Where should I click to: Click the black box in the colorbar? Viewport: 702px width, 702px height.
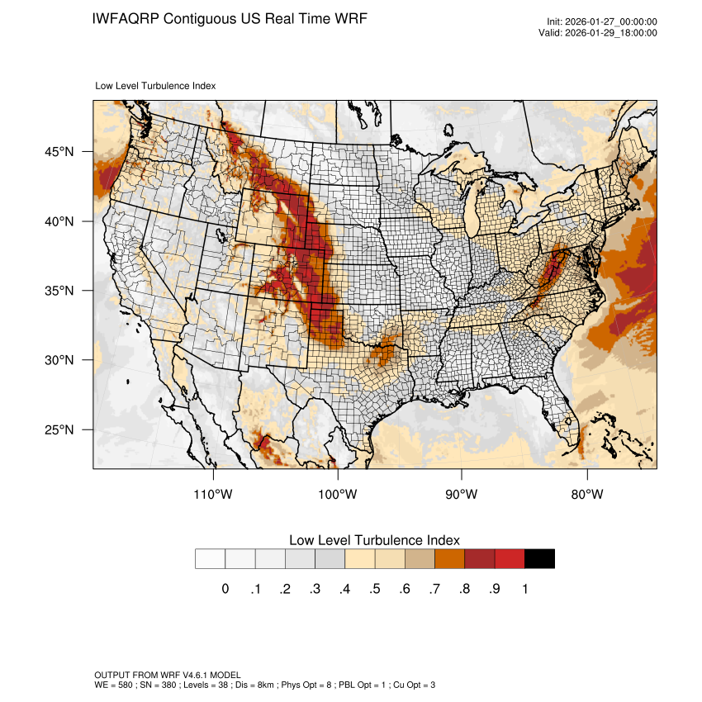(539, 559)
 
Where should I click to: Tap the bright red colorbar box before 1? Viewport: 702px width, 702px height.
(510, 559)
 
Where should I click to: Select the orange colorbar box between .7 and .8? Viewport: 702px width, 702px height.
(450, 559)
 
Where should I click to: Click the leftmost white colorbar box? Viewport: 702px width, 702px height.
(210, 559)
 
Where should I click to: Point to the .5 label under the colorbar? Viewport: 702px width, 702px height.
(374, 589)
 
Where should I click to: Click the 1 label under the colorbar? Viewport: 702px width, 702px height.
(524, 589)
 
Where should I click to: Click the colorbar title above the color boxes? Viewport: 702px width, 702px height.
(374, 540)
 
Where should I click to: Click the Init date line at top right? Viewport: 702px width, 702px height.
(602, 22)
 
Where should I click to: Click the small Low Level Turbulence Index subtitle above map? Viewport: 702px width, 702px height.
(155, 85)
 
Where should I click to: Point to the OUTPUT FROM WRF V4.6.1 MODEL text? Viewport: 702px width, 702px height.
(167, 675)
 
